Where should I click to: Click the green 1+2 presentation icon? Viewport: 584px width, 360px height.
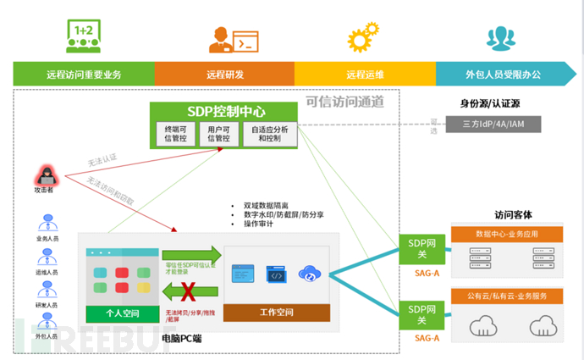point(83,36)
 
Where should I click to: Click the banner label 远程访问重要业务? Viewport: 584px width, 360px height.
point(84,75)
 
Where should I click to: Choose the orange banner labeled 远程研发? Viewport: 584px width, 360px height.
point(225,75)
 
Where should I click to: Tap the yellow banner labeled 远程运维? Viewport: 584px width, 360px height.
point(366,75)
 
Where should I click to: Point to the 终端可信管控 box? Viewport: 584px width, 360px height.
point(175,134)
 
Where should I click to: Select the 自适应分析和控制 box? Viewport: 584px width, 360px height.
point(271,134)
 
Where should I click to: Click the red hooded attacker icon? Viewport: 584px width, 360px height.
point(43,177)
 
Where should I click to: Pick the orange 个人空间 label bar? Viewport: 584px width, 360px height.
point(122,313)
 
